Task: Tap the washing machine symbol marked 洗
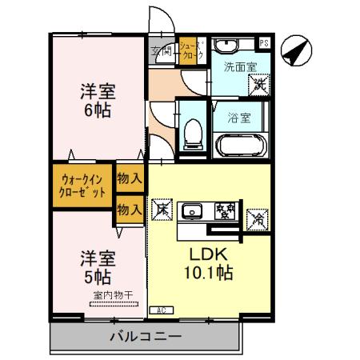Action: coord(258,81)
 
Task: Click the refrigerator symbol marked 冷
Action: coord(258,215)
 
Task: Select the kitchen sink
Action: coord(193,212)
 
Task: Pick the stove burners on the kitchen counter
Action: coord(225,211)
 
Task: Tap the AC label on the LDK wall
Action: coord(159,310)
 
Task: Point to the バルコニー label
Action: coord(146,337)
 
